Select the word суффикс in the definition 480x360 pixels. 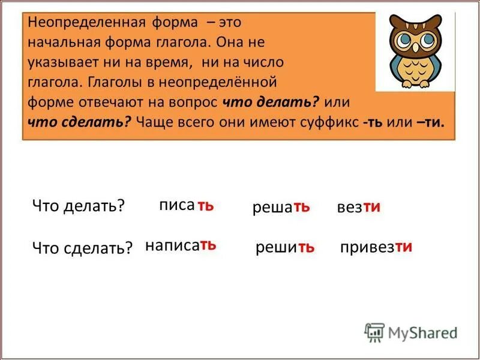pyautogui.click(x=328, y=122)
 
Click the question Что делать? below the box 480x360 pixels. pyautogui.click(x=78, y=206)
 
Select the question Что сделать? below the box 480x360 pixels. pyautogui.click(x=82, y=248)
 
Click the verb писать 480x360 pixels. pyautogui.click(x=186, y=205)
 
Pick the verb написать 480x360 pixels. pyautogui.click(x=181, y=246)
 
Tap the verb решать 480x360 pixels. pyautogui.click(x=281, y=208)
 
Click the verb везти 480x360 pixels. pyautogui.click(x=359, y=208)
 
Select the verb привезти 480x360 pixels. pyautogui.click(x=376, y=247)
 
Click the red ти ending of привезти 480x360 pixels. pyautogui.click(x=403, y=247)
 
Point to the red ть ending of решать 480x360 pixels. pyautogui.click(x=301, y=207)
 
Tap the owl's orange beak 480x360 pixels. pyautogui.click(x=415, y=53)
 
